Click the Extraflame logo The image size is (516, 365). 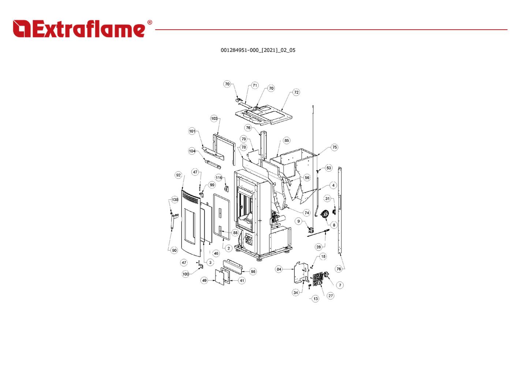tap(82, 29)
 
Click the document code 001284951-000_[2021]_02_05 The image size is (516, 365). tap(258, 50)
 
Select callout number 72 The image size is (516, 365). tap(296, 92)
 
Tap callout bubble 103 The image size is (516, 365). tap(214, 118)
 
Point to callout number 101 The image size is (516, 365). tap(192, 131)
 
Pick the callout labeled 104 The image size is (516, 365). tap(192, 151)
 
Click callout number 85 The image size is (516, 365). tap(287, 140)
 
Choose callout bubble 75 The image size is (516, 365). tap(334, 147)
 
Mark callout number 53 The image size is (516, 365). tap(329, 168)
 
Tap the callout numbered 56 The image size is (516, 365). tap(307, 178)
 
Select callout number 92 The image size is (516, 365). tap(178, 175)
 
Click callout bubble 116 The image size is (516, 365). tap(218, 178)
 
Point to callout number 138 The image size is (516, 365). tap(175, 200)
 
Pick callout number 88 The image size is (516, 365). tap(235, 233)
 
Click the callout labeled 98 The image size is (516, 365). tap(253, 272)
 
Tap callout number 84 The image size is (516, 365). tap(279, 269)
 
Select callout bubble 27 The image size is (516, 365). tap(330, 296)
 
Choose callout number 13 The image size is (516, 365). tap(315, 299)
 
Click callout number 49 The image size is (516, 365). tap(204, 280)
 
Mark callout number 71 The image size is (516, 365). tap(255, 85)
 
